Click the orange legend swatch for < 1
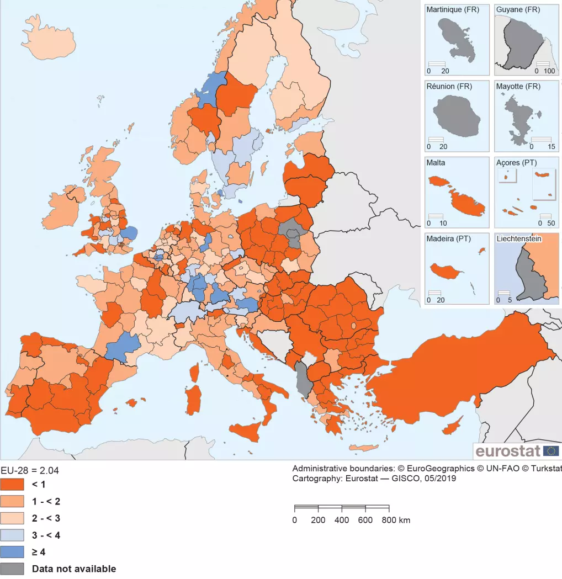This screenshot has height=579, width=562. click(12, 485)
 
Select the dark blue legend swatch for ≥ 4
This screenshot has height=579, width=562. click(12, 551)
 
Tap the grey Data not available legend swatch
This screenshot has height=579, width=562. click(12, 569)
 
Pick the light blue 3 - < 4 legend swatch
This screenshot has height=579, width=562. click(12, 535)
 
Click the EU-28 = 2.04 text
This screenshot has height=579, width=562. click(29, 470)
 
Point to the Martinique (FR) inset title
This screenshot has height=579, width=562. click(453, 10)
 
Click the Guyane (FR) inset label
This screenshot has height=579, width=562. click(518, 10)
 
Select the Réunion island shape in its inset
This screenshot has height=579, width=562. click(453, 116)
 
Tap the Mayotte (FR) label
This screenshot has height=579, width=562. click(518, 87)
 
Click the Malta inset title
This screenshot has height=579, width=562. click(436, 163)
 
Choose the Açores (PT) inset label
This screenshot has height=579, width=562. click(516, 163)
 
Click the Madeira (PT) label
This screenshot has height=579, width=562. click(448, 238)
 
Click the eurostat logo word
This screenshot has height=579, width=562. click(508, 451)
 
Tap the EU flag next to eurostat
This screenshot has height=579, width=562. click(550, 451)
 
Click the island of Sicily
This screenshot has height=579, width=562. click(246, 429)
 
